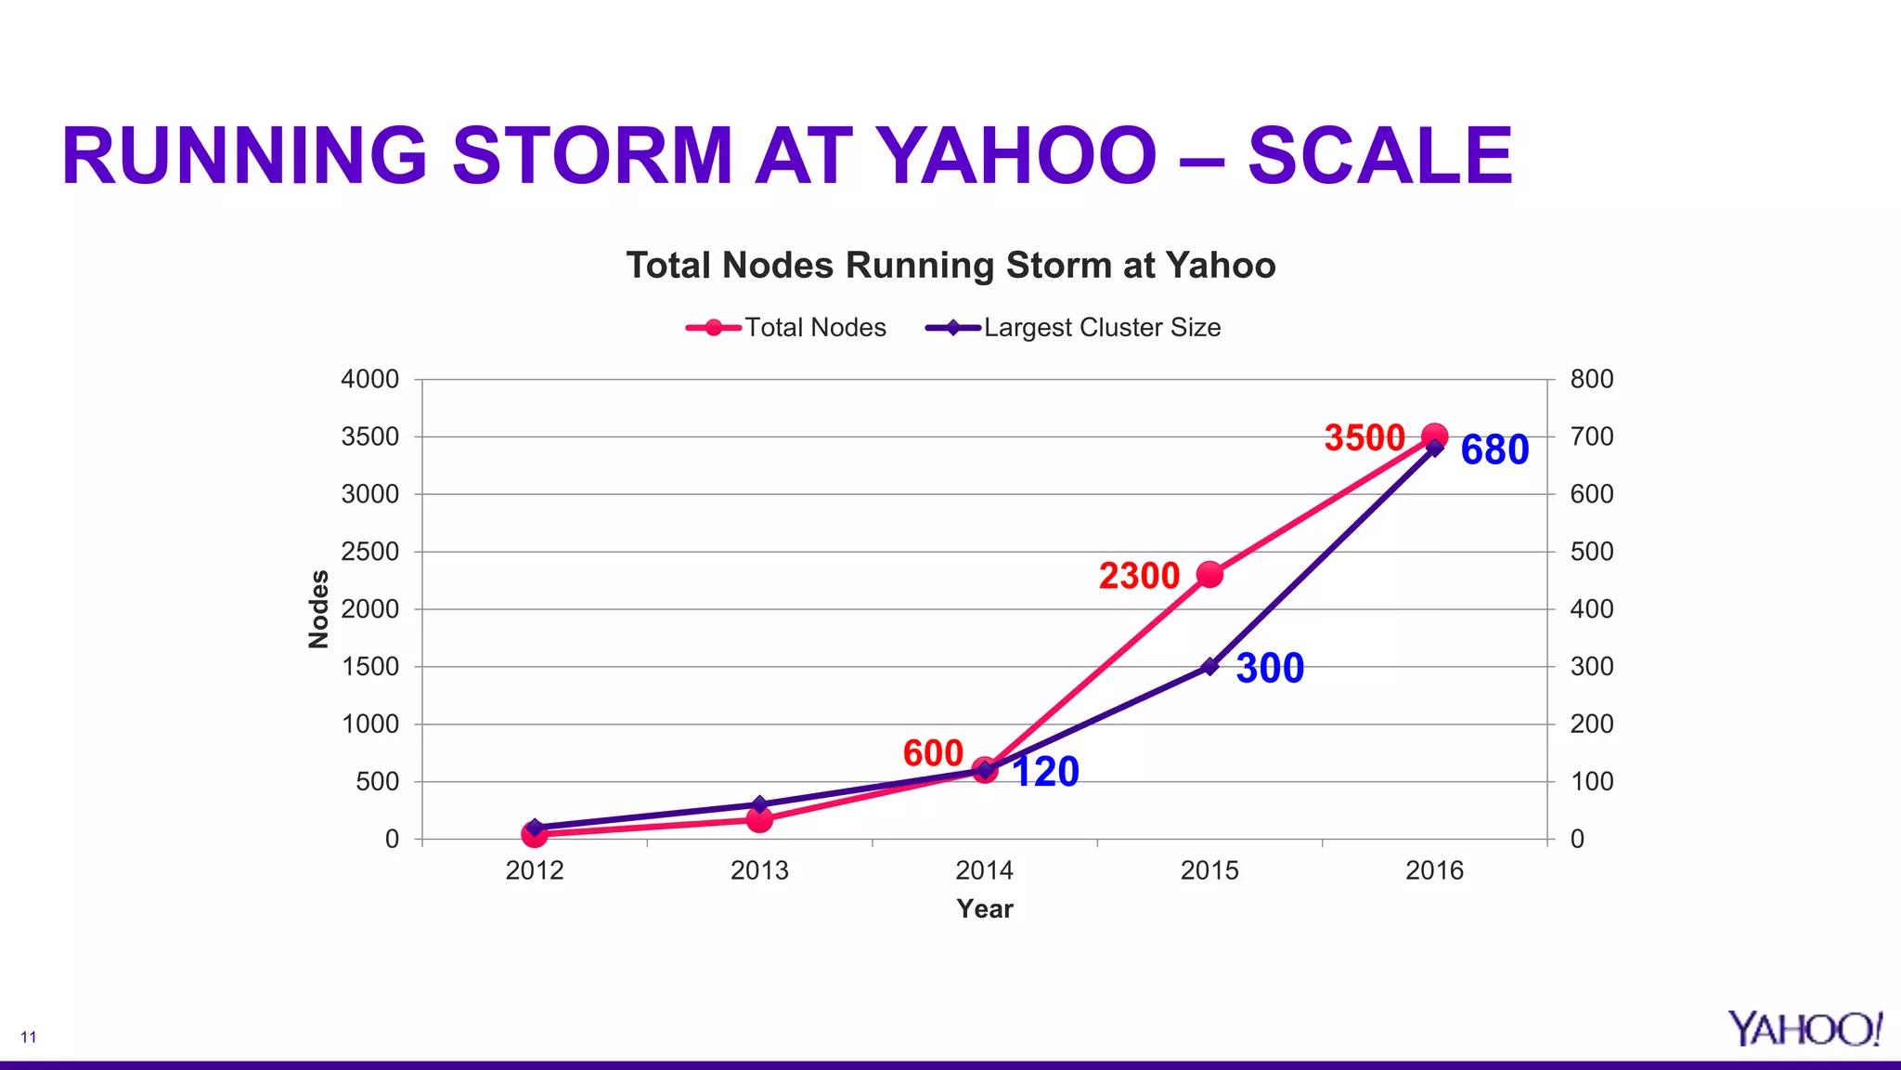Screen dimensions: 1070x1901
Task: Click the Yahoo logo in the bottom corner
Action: [1804, 1029]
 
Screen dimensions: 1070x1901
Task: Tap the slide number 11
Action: [29, 1037]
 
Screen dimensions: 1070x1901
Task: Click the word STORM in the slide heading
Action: [592, 155]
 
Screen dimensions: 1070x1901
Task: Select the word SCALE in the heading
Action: [1380, 155]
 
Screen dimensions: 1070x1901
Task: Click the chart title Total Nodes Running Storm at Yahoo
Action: [950, 266]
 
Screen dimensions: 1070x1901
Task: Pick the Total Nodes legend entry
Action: [787, 328]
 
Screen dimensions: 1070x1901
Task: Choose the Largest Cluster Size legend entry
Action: [1075, 328]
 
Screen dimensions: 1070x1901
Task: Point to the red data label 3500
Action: [1364, 438]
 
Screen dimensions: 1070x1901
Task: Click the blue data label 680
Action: [1494, 450]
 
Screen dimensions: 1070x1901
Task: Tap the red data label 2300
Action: [1139, 576]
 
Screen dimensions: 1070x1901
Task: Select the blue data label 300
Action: [1270, 669]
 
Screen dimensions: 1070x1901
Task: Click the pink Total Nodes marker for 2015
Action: [1209, 575]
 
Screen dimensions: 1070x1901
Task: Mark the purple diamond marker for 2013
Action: [759, 804]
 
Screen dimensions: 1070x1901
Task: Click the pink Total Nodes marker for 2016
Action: [1435, 436]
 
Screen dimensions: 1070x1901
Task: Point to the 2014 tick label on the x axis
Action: [984, 871]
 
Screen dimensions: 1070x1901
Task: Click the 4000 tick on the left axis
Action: [369, 380]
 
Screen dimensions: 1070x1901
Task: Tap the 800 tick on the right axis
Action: [1591, 380]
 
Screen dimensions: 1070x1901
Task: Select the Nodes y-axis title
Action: [318, 609]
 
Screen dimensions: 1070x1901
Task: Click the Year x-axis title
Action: [984, 909]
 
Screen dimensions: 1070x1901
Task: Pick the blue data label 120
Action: [1045, 773]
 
